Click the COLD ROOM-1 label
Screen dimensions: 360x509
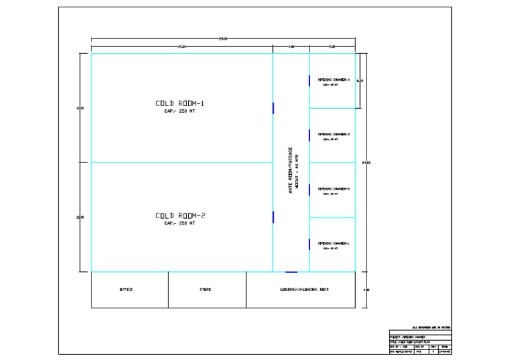tap(180, 103)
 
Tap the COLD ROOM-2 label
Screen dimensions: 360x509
tap(180, 215)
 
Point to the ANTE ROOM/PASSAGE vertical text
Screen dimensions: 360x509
tap(290, 170)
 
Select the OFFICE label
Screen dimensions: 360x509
tap(126, 290)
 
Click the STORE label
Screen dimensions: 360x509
tap(205, 290)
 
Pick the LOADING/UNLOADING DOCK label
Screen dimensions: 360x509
tap(304, 290)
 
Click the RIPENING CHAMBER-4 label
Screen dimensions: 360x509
tap(333, 80)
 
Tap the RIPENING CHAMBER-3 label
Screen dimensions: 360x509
tap(333, 135)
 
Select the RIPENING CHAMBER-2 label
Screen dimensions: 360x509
tap(333, 189)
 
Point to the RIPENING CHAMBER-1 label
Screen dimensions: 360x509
tap(333, 243)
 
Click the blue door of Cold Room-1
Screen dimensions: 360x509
tap(273, 107)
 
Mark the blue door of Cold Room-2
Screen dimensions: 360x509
tap(273, 217)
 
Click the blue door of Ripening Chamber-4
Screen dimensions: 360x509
tap(310, 81)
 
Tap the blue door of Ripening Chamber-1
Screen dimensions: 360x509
tap(310, 244)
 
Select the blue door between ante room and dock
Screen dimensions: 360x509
tap(291, 272)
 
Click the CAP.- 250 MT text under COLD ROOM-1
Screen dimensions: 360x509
tap(180, 111)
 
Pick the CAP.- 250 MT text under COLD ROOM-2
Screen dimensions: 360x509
tap(180, 223)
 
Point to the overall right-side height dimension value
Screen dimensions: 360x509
tap(365, 162)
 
